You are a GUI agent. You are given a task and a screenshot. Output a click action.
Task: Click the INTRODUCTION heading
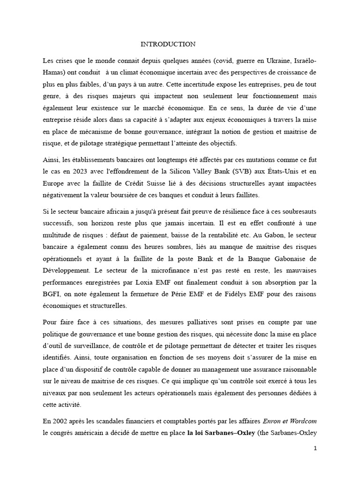point(168,44)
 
